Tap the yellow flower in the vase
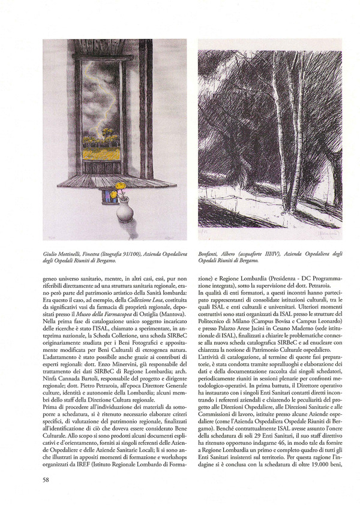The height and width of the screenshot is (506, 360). click(x=121, y=186)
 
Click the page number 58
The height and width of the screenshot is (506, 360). click(x=46, y=480)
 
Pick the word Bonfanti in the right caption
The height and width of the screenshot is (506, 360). click(x=208, y=254)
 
